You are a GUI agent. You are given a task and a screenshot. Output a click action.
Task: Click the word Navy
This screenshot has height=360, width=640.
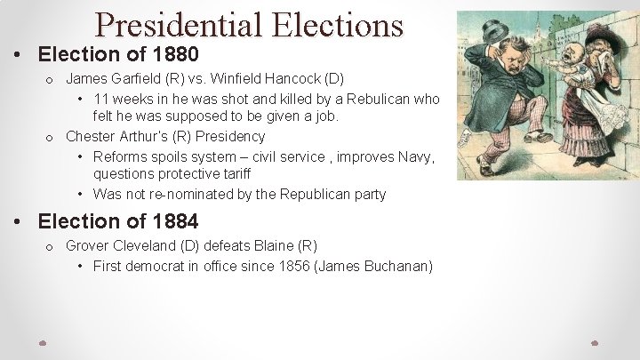click(415, 156)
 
